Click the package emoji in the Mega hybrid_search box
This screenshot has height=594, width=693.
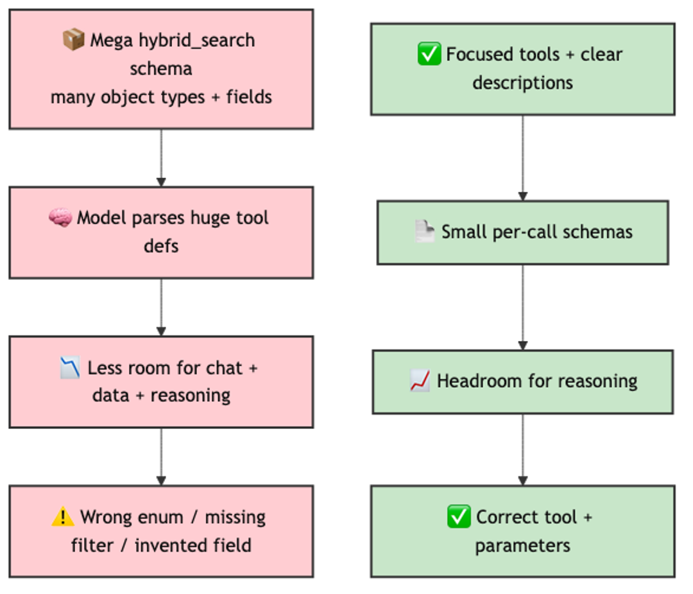(x=73, y=40)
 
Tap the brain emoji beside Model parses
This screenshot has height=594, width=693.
(x=60, y=218)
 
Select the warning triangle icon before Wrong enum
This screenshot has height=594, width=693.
(x=63, y=518)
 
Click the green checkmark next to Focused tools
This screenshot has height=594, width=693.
(x=429, y=55)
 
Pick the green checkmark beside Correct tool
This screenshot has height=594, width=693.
(x=459, y=518)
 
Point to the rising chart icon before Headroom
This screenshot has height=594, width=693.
(x=420, y=381)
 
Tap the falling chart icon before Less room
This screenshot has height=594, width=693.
(x=70, y=369)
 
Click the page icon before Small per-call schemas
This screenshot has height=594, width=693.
(x=424, y=232)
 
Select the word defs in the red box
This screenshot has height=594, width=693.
(x=161, y=247)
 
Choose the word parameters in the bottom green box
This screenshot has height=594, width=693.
(x=522, y=546)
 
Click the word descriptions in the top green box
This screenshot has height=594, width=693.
(x=522, y=83)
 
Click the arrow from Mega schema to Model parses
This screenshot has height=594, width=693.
(x=161, y=158)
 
